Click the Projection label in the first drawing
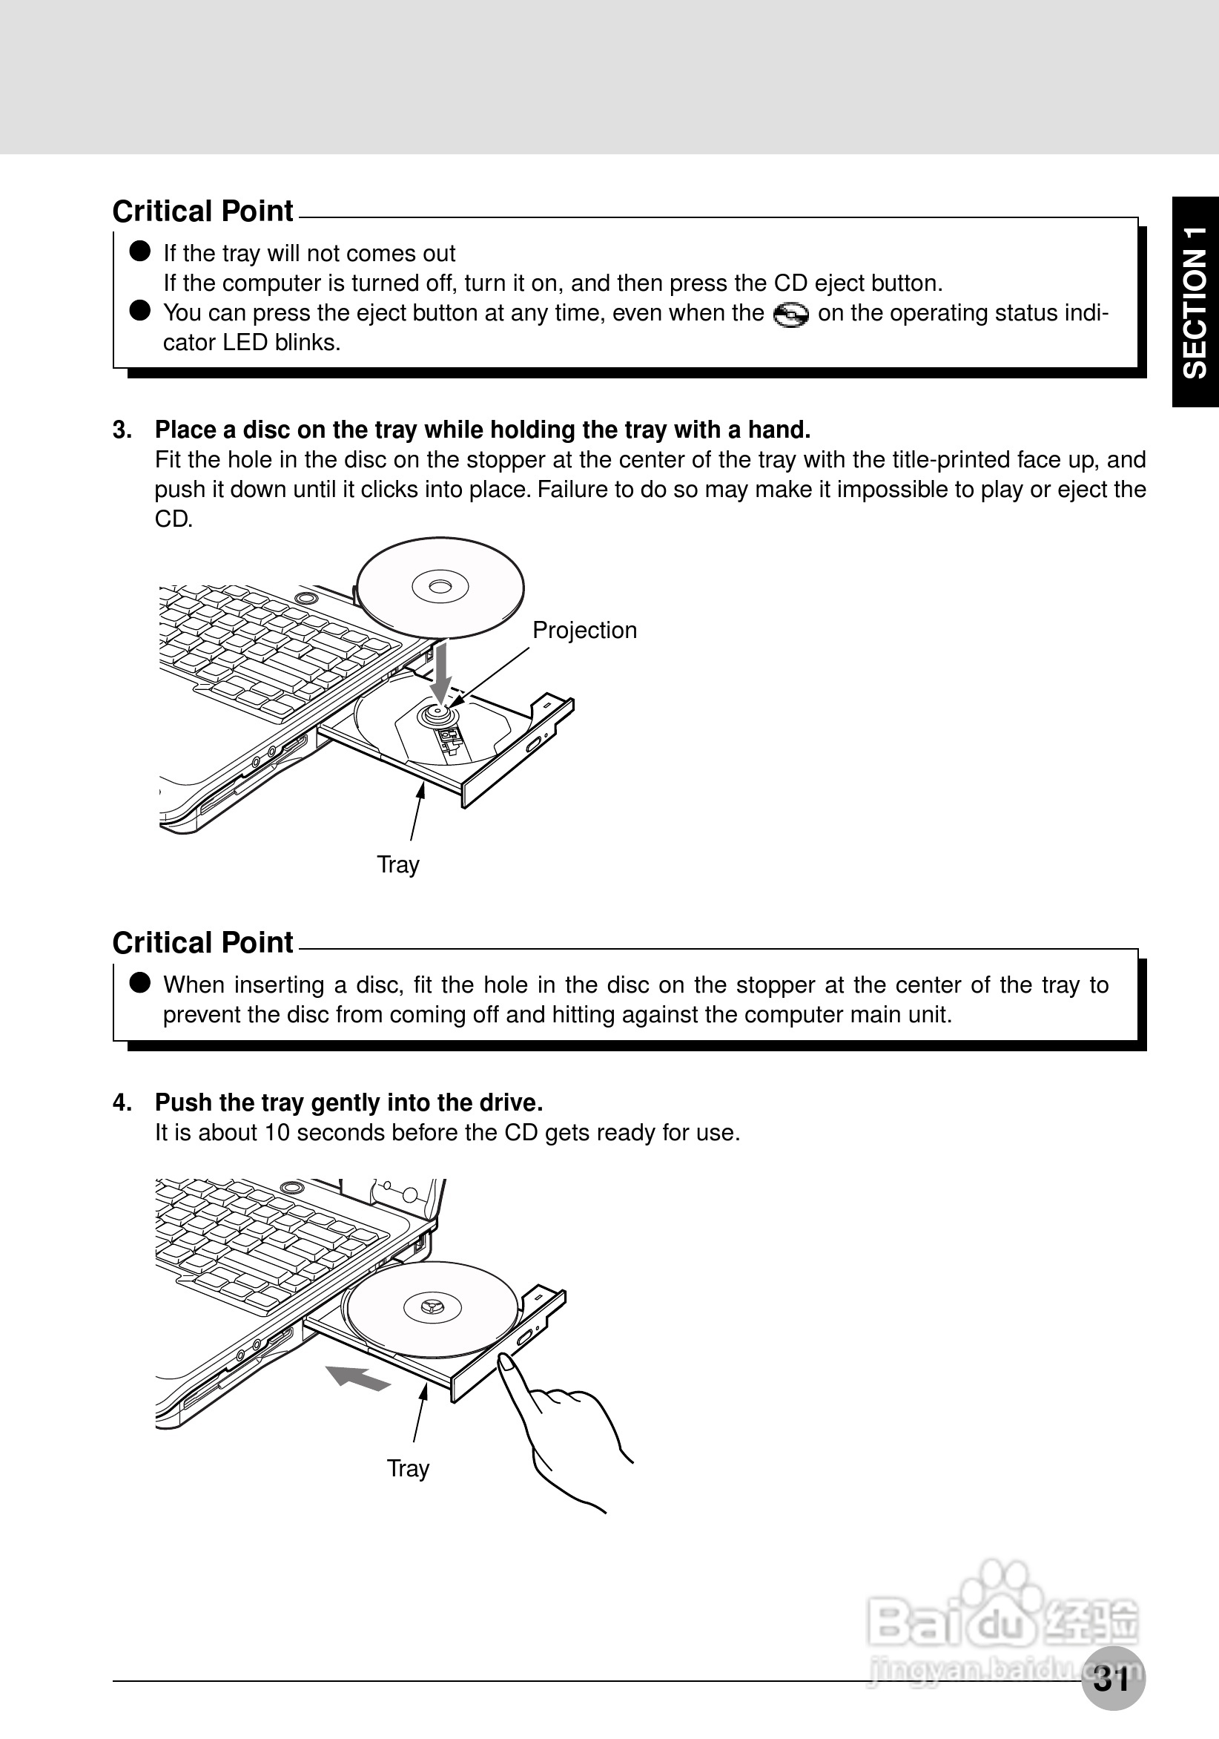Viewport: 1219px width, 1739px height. click(584, 630)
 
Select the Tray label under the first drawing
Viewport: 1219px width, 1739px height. click(397, 864)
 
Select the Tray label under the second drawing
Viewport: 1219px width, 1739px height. click(407, 1468)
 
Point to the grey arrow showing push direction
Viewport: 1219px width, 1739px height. click(356, 1378)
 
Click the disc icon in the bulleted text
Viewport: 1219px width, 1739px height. click(790, 315)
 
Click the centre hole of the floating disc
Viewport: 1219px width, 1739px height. click(440, 586)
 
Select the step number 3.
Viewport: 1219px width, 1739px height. click(121, 430)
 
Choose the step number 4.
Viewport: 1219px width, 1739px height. click(121, 1102)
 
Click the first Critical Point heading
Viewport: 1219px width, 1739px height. click(202, 211)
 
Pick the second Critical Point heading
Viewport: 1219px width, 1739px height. click(202, 943)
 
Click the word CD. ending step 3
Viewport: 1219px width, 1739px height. click(174, 519)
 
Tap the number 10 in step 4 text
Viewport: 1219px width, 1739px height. click(272, 1132)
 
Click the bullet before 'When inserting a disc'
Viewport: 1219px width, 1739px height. click(140, 982)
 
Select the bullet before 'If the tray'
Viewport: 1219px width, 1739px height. click(140, 252)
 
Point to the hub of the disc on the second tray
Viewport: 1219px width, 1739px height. click(432, 1306)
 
